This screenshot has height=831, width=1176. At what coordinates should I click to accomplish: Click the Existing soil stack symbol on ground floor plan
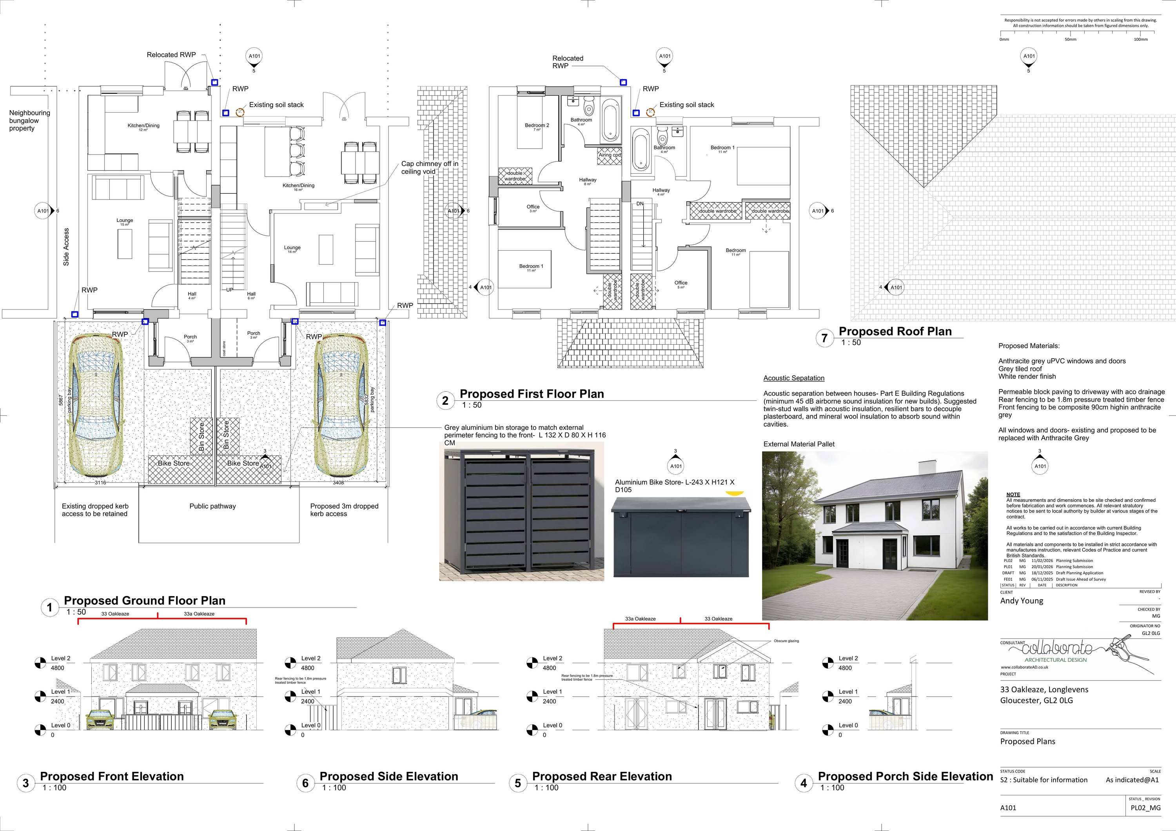(240, 113)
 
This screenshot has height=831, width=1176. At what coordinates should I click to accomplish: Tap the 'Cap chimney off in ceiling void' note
(429, 167)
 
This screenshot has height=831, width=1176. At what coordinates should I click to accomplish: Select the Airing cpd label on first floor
(610, 155)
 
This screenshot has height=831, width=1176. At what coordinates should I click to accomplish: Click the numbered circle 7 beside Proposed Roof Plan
(824, 338)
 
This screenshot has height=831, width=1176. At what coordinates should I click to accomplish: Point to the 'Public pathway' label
(212, 506)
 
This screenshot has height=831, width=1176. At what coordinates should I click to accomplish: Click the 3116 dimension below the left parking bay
(100, 483)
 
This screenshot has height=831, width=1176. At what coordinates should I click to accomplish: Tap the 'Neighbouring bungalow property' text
(29, 120)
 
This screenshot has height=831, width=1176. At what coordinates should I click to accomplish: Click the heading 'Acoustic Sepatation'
(793, 378)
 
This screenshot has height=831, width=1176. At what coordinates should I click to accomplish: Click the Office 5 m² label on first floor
(681, 284)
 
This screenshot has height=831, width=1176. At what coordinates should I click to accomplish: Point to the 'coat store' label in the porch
(224, 348)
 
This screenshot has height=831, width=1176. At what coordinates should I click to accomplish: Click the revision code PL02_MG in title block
(1145, 808)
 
